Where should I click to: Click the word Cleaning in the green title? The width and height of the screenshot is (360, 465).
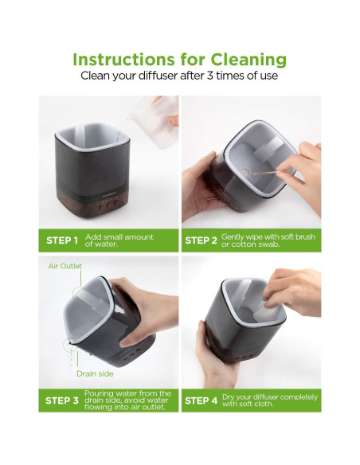coord(248,61)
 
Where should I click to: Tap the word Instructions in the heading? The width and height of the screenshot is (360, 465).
coord(123,59)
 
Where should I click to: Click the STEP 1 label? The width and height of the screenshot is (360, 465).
coord(62,240)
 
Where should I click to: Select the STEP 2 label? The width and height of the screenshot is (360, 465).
coord(201,240)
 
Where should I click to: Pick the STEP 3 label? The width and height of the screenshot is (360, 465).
coord(62,401)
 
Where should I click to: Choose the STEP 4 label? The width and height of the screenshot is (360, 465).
coord(201,401)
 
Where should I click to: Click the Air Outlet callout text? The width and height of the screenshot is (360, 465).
coord(65,266)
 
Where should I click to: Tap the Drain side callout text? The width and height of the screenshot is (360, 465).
coord(95,373)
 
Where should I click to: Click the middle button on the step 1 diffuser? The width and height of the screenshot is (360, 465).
coord(109,204)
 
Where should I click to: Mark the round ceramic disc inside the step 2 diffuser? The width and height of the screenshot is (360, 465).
coord(245,172)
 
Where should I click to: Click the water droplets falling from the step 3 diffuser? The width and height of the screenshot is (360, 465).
coord(71,358)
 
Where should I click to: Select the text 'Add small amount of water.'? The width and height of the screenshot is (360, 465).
coord(119,240)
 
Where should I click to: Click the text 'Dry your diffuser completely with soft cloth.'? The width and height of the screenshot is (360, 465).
coord(270,401)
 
